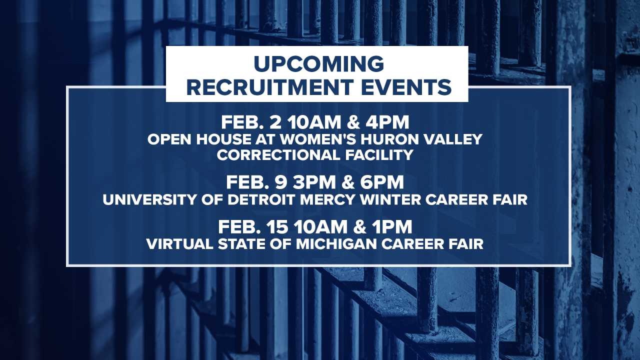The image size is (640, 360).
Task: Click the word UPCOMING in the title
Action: point(318,64)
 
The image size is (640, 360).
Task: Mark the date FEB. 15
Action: point(253,227)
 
